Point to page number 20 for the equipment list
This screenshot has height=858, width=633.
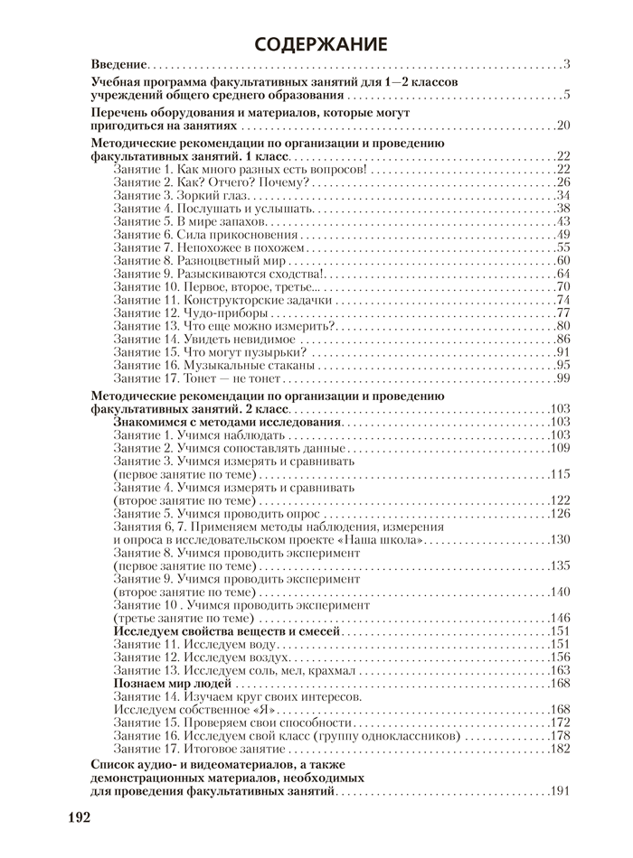(562, 126)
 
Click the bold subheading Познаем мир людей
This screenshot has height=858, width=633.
(170, 683)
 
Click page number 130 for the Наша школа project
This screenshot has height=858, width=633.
(559, 539)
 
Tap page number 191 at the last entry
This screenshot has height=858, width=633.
(559, 792)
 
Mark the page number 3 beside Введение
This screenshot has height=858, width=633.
(565, 64)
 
